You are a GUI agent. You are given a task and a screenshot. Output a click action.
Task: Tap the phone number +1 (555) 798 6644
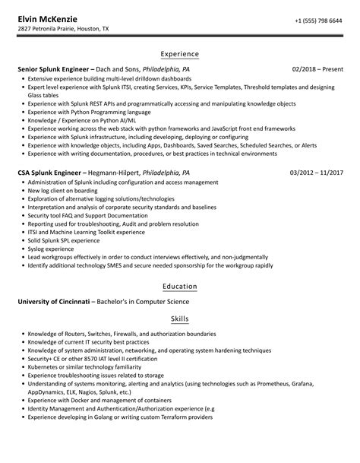[x=317, y=21]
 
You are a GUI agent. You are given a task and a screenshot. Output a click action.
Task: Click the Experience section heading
[x=180, y=54]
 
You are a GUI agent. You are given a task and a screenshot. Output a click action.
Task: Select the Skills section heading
[x=180, y=319]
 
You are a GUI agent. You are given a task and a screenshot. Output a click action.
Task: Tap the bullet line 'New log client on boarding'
[x=62, y=191]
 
